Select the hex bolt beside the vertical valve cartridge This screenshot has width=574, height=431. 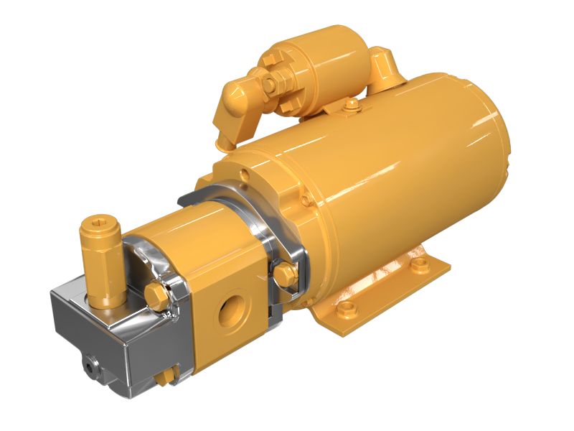pos(155,294)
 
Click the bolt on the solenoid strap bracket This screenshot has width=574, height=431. pos(351,106)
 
